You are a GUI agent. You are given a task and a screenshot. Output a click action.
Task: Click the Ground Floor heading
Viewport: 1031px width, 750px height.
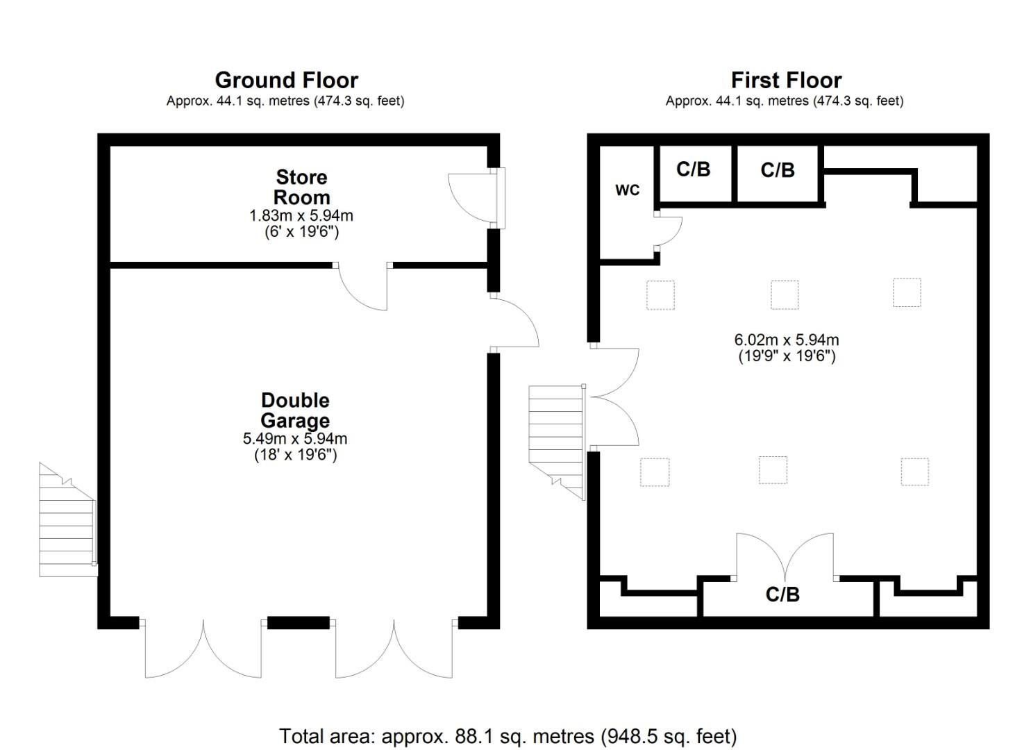(286, 81)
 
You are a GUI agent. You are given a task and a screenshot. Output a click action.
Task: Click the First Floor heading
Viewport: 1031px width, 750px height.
(786, 81)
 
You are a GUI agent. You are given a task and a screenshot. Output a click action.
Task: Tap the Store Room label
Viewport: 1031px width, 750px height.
(301, 187)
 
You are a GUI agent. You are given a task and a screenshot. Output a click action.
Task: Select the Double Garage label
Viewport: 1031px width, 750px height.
(295, 410)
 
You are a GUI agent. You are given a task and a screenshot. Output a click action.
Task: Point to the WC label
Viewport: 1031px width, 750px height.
(627, 190)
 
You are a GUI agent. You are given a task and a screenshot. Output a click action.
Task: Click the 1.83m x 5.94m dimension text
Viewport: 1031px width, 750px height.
(301, 216)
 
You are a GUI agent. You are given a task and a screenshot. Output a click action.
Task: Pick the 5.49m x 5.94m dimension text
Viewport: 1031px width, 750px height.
(295, 439)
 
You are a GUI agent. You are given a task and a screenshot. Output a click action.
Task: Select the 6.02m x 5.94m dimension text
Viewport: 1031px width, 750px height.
(786, 340)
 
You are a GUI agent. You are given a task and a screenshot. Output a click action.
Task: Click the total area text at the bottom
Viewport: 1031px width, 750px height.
(508, 735)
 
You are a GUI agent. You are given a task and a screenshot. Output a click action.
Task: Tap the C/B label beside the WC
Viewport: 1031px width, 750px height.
(694, 169)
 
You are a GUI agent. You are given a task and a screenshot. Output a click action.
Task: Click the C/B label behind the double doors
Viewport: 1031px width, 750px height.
(782, 594)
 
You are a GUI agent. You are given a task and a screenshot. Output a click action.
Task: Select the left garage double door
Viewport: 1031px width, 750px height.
(203, 649)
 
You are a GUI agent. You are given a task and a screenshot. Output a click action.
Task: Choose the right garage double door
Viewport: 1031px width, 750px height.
(394, 649)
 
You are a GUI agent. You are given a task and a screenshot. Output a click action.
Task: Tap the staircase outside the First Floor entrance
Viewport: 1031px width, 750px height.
(556, 437)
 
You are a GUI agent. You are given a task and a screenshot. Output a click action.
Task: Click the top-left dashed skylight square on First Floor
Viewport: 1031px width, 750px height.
(660, 294)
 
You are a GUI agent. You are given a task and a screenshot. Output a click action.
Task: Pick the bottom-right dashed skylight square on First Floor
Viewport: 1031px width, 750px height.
(914, 472)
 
